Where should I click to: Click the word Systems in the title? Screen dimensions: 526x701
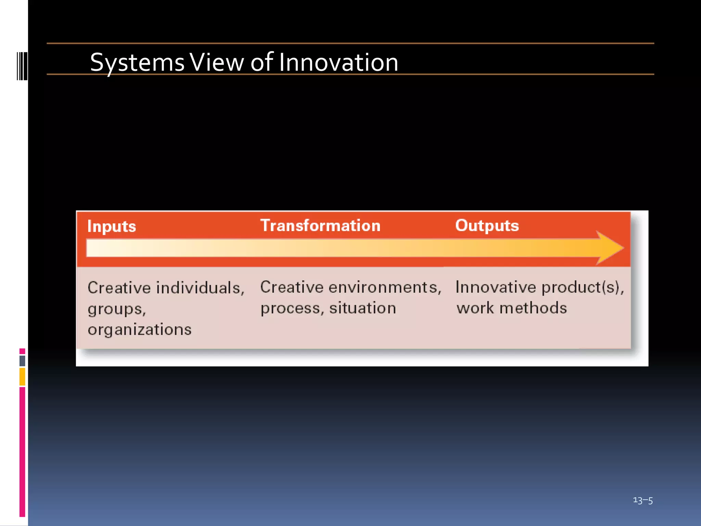click(137, 63)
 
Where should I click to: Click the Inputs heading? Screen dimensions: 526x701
click(112, 227)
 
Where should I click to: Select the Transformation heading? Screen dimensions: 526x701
click(320, 226)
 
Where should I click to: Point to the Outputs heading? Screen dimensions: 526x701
click(487, 226)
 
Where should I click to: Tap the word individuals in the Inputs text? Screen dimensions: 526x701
click(200, 288)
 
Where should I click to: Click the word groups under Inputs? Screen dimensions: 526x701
click(116, 309)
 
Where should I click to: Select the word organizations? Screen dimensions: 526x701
click(139, 329)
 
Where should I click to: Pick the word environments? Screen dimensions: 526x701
click(384, 287)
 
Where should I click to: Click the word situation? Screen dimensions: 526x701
click(362, 308)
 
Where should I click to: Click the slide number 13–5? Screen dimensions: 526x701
click(642, 500)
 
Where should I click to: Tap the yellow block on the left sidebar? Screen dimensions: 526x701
click(22, 376)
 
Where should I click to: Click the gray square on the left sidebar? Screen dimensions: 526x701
click(22, 361)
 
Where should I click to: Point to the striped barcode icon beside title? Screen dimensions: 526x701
click(22, 66)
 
